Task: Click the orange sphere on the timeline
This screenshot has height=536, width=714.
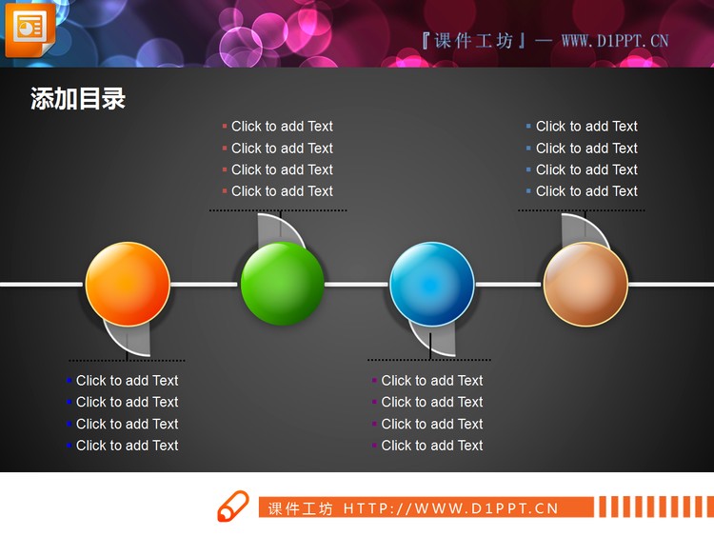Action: click(x=128, y=284)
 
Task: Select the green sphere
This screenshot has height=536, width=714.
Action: click(x=282, y=284)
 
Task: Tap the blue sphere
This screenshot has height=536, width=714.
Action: click(x=432, y=284)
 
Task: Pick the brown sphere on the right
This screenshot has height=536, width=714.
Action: click(x=585, y=284)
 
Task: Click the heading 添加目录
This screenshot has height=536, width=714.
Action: click(x=78, y=99)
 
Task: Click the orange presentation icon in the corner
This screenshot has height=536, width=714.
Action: click(x=30, y=30)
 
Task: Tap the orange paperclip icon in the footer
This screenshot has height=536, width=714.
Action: click(x=232, y=506)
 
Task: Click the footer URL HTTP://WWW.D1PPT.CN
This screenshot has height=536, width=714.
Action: click(x=450, y=508)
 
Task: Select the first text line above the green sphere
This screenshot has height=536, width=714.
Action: click(x=282, y=127)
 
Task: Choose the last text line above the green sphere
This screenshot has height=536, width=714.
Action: click(x=282, y=191)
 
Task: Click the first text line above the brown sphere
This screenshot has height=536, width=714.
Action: click(x=586, y=127)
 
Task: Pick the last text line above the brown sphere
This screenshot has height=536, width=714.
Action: click(x=586, y=191)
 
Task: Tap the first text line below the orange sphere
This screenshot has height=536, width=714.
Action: click(x=127, y=381)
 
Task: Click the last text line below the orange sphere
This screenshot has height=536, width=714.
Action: click(x=127, y=446)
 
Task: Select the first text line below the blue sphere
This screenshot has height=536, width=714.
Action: click(x=432, y=381)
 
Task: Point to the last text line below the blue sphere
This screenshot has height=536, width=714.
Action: click(x=432, y=446)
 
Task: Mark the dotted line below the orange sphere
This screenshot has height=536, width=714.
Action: click(x=127, y=361)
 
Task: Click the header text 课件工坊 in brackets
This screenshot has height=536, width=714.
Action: click(x=473, y=41)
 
